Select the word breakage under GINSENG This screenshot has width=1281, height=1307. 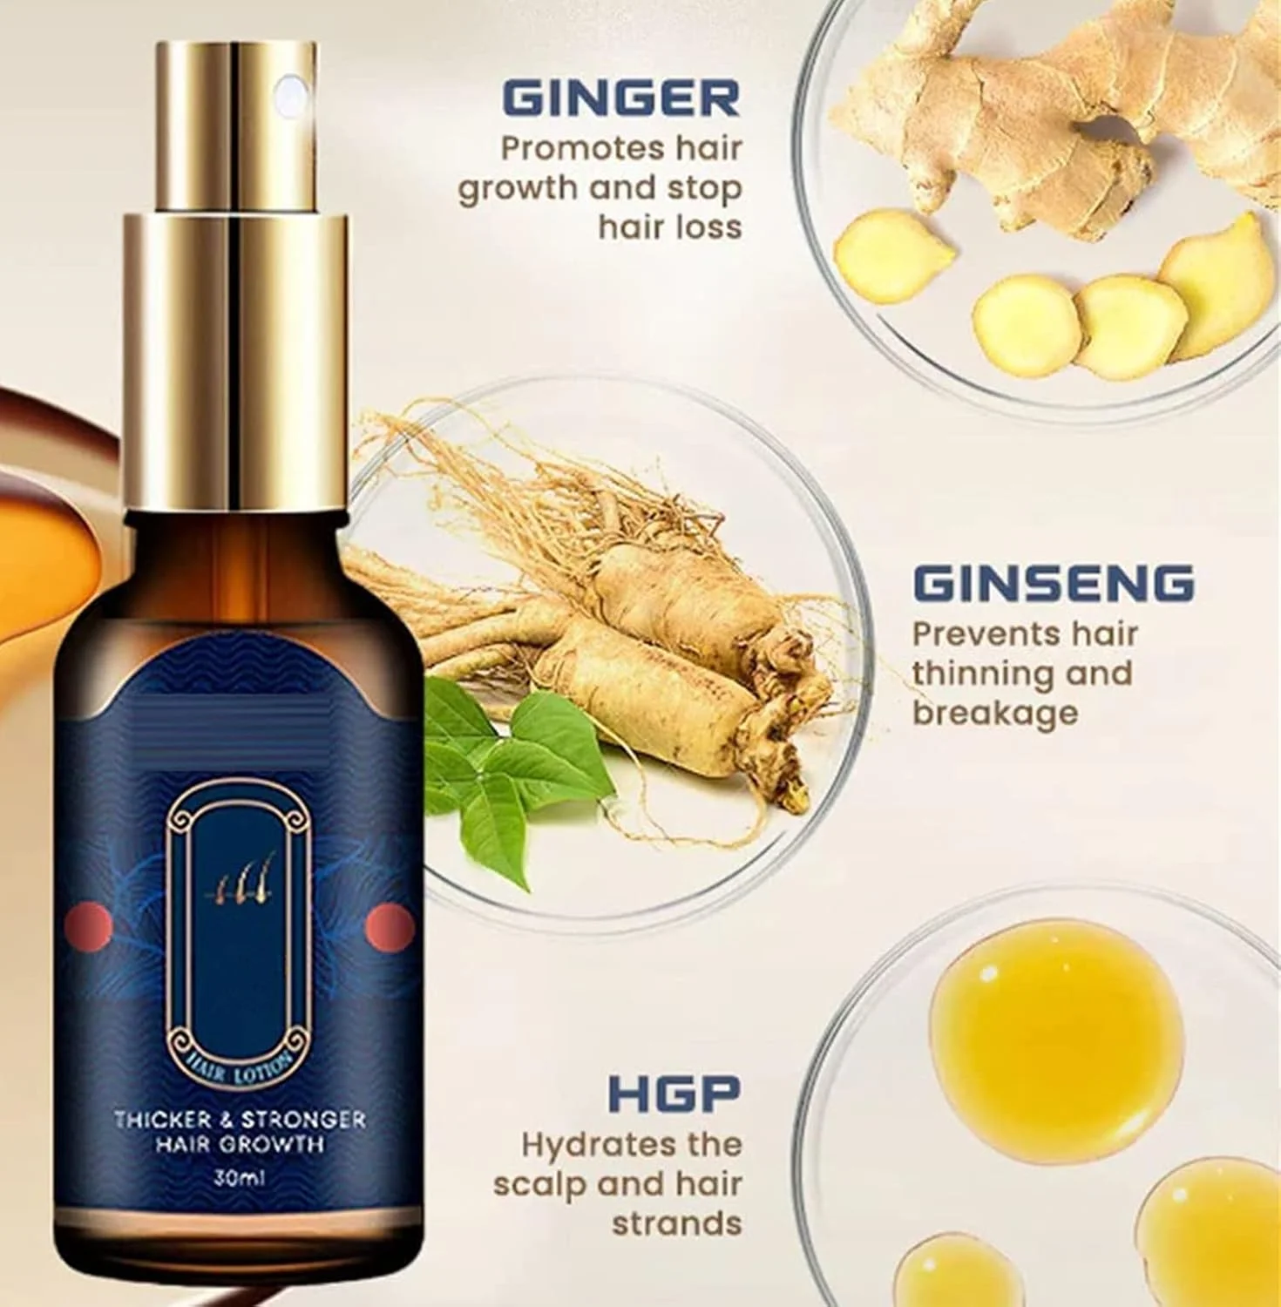coord(995,713)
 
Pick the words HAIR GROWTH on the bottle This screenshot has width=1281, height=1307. coord(239,1143)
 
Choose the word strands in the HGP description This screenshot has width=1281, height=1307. coord(676,1223)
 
